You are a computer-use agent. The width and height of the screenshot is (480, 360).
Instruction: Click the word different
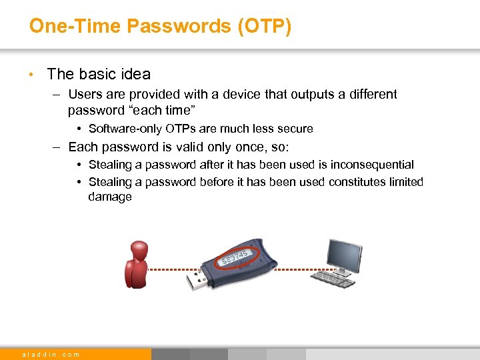click(x=370, y=95)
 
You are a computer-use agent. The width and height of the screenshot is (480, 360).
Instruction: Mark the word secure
click(x=295, y=129)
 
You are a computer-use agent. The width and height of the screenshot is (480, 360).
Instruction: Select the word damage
click(x=110, y=197)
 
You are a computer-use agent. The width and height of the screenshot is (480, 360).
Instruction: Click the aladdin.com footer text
click(x=51, y=354)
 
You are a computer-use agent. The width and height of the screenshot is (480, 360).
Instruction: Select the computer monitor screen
click(x=344, y=255)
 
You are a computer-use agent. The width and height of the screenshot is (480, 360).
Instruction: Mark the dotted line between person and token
click(x=170, y=270)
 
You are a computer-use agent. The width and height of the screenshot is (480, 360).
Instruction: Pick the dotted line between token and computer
click(x=297, y=270)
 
